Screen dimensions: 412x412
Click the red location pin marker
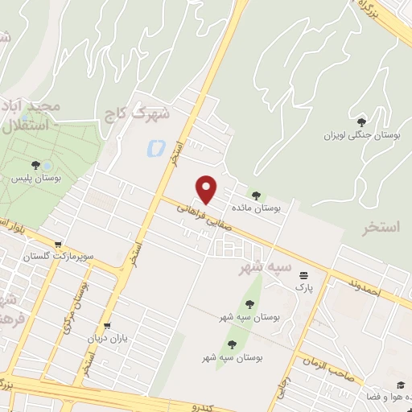pos(208,190)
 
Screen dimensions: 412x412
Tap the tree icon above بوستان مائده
pos(256,195)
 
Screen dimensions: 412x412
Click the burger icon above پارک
pos(303,274)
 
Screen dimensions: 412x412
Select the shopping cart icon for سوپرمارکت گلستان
pos(58,244)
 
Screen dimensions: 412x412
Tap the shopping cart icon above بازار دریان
pos(108,326)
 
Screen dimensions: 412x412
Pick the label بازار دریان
pos(108,338)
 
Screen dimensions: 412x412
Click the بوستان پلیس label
pos(35,177)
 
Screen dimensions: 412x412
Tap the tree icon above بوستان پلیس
pos(35,164)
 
